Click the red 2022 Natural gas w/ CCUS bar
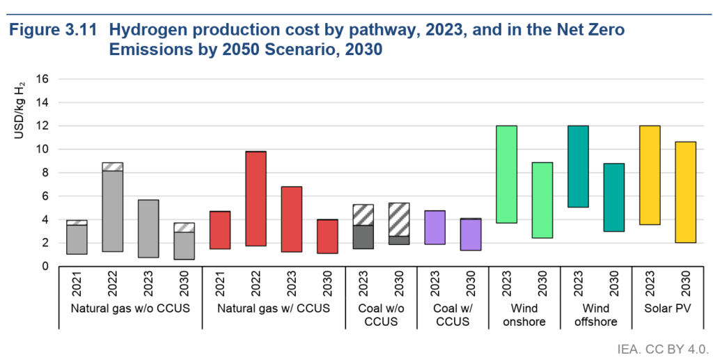[256, 198]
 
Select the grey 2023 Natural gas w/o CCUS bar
[148, 228]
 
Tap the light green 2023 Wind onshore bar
[506, 174]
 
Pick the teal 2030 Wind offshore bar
[613, 197]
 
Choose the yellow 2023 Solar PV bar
[650, 175]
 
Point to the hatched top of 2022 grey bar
[112, 166]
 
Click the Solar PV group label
[667, 309]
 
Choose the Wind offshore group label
[595, 315]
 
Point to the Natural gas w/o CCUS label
[130, 309]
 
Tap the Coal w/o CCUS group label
[380, 315]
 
